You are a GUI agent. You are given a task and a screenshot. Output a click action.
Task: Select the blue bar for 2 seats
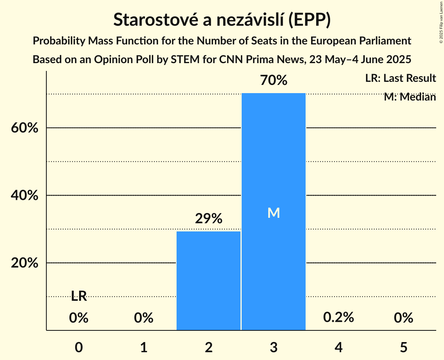click(209, 281)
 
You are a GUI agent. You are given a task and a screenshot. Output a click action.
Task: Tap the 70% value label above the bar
click(274, 81)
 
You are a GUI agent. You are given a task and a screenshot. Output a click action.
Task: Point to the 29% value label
click(209, 219)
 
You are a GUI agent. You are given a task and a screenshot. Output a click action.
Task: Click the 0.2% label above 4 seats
click(338, 318)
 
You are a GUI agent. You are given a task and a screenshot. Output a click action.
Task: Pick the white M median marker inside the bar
click(274, 213)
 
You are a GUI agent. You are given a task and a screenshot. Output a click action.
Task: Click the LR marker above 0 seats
click(79, 296)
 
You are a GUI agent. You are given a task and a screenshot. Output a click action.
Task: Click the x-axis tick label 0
click(79, 347)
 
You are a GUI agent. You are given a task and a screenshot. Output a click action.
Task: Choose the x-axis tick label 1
click(144, 347)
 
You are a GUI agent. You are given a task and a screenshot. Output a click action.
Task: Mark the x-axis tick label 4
click(338, 347)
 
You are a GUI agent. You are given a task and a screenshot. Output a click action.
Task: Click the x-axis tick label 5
click(403, 347)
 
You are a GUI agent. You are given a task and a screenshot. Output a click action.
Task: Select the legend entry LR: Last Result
click(400, 78)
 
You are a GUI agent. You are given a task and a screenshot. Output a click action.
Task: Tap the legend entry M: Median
click(410, 97)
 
